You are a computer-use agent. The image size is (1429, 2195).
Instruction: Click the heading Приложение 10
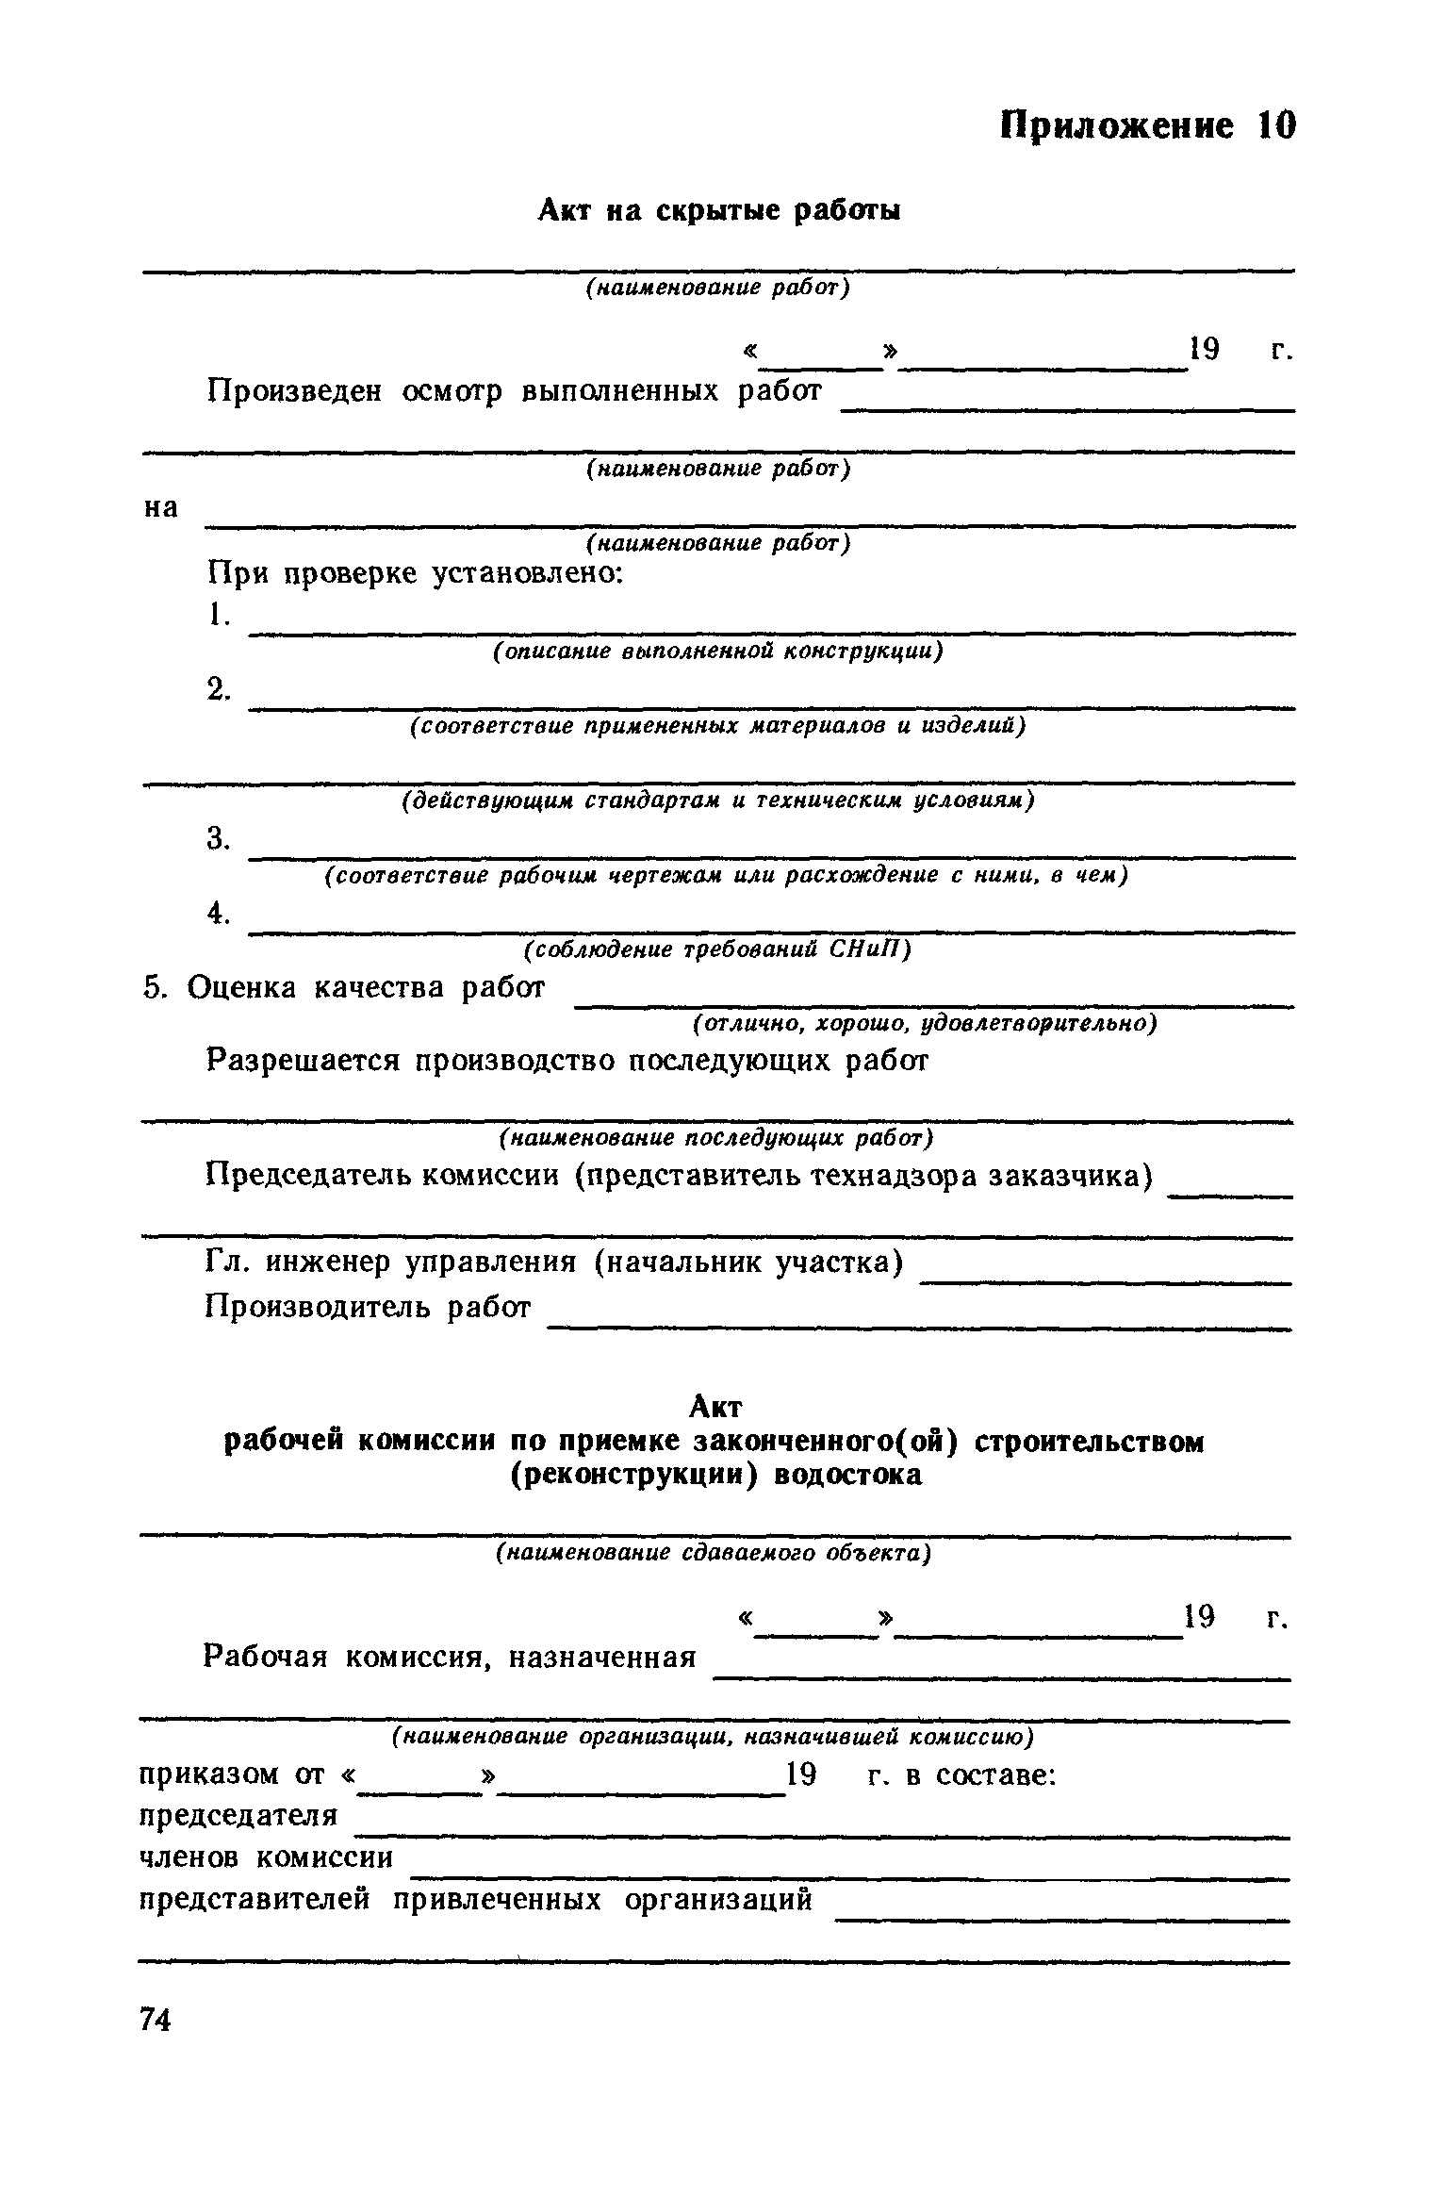click(1147, 125)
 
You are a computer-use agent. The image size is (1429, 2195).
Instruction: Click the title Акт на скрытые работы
click(719, 210)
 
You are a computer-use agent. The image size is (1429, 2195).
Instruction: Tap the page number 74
click(155, 2021)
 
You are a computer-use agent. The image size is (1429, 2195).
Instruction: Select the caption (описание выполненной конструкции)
click(717, 652)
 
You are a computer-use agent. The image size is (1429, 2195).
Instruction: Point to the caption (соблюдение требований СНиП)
click(717, 949)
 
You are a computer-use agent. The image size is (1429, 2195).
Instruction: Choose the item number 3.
click(218, 837)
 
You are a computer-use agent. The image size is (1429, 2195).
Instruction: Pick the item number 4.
click(218, 913)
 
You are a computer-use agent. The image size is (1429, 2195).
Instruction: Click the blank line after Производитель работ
click(919, 1326)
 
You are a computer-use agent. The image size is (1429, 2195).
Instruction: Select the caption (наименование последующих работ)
click(715, 1139)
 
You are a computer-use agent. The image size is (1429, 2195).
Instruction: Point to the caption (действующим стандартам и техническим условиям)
click(717, 800)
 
